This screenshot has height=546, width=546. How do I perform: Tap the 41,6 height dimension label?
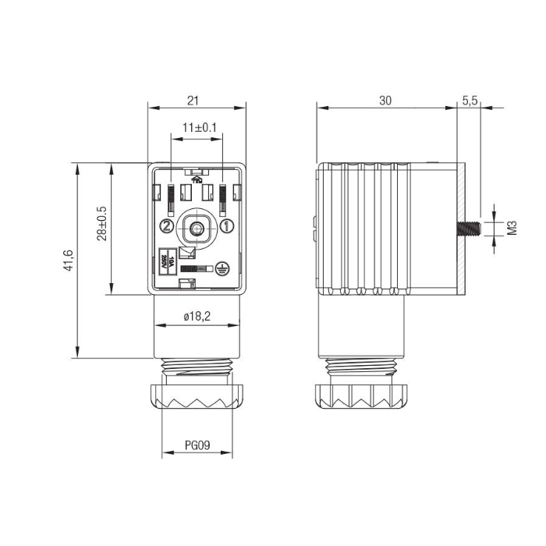click(69, 260)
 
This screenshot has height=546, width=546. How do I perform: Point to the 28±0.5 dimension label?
click(102, 224)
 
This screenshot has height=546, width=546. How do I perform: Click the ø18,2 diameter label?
click(197, 316)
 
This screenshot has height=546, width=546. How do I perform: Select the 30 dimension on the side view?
click(385, 100)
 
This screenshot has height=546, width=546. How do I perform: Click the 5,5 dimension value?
click(470, 100)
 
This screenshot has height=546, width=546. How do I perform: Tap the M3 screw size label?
click(512, 228)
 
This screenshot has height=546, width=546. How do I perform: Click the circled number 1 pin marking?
click(226, 227)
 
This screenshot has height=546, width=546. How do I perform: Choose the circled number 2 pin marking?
click(166, 227)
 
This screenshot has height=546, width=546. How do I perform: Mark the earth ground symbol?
click(221, 268)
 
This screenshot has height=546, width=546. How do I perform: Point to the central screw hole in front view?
click(197, 229)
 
